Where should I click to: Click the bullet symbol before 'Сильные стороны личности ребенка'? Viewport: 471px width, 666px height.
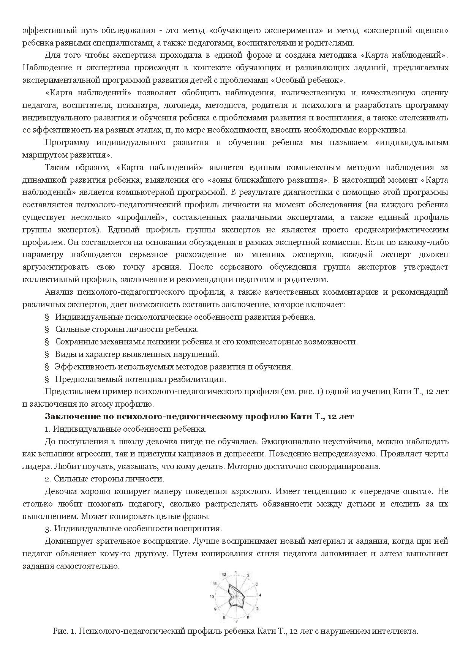pos(47,329)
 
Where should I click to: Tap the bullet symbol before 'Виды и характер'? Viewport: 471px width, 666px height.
pos(47,354)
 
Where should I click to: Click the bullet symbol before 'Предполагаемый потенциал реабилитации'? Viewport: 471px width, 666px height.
pos(47,379)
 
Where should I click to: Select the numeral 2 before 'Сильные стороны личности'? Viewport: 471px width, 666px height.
pos(46,479)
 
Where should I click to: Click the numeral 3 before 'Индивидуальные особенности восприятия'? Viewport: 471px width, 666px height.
pos(46,528)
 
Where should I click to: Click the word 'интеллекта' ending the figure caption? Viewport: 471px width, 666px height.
pos(400,631)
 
